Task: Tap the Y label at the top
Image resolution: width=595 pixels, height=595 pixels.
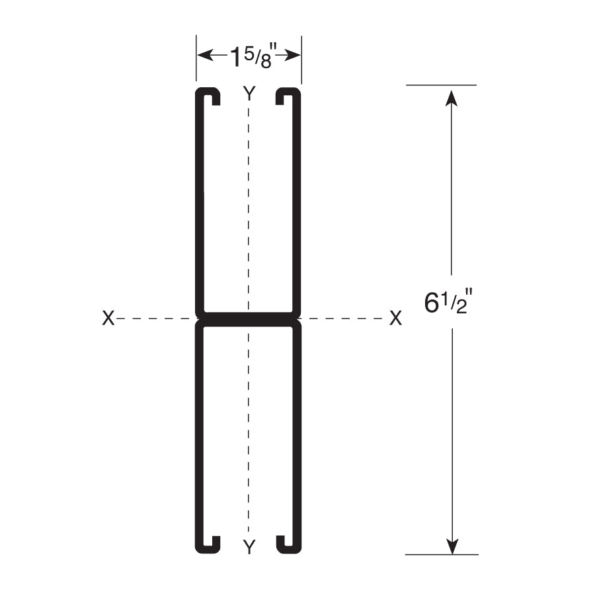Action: pos(249,93)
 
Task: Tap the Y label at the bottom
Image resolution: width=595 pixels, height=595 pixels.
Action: pos(249,547)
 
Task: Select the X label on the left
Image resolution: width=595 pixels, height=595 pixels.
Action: pos(108,318)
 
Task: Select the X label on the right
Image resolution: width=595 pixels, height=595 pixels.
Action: pos(395,318)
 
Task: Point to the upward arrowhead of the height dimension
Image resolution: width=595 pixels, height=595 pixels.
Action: pos(451,97)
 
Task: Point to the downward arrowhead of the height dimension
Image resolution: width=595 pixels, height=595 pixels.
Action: pos(452,546)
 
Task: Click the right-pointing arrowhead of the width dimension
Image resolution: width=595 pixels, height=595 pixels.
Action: pos(292,56)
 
